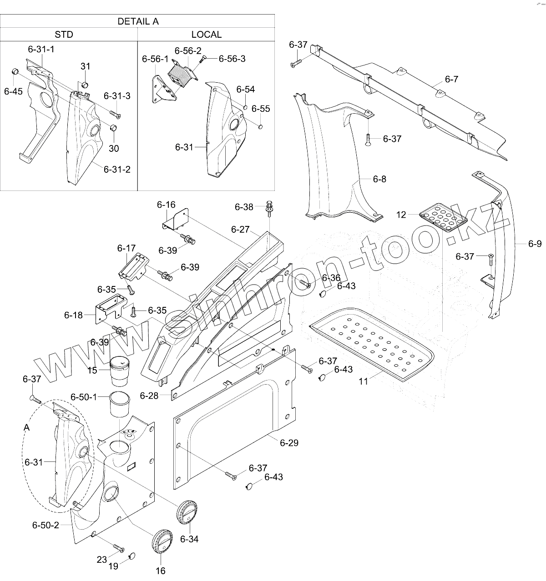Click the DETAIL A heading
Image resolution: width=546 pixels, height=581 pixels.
tap(138, 21)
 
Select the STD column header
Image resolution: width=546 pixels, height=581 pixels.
tap(64, 35)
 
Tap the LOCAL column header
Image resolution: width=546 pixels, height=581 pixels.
tap(206, 35)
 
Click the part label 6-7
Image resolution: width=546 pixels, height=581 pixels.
tap(451, 80)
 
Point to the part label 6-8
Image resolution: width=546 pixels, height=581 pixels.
tap(379, 179)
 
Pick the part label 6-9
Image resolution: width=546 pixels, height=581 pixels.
tap(535, 244)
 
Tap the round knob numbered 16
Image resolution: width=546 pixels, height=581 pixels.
tap(161, 541)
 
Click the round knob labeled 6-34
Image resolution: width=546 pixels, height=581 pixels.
tap(187, 512)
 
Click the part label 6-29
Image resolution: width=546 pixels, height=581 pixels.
tap(289, 442)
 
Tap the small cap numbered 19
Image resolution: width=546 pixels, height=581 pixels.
tap(132, 555)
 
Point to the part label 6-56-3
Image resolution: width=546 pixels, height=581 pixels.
tap(232, 59)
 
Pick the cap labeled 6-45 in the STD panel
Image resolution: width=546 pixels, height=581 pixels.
tap(14, 71)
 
